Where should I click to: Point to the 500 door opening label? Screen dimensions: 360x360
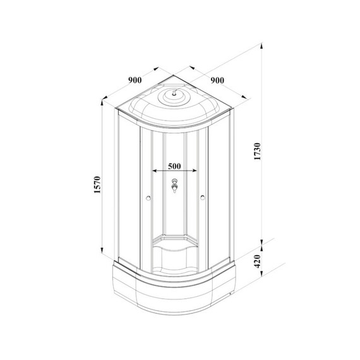[175, 166]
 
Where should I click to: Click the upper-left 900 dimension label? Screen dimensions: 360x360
[134, 80]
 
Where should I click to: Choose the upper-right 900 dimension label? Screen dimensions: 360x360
[218, 80]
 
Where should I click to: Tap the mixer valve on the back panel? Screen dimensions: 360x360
[175, 186]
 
